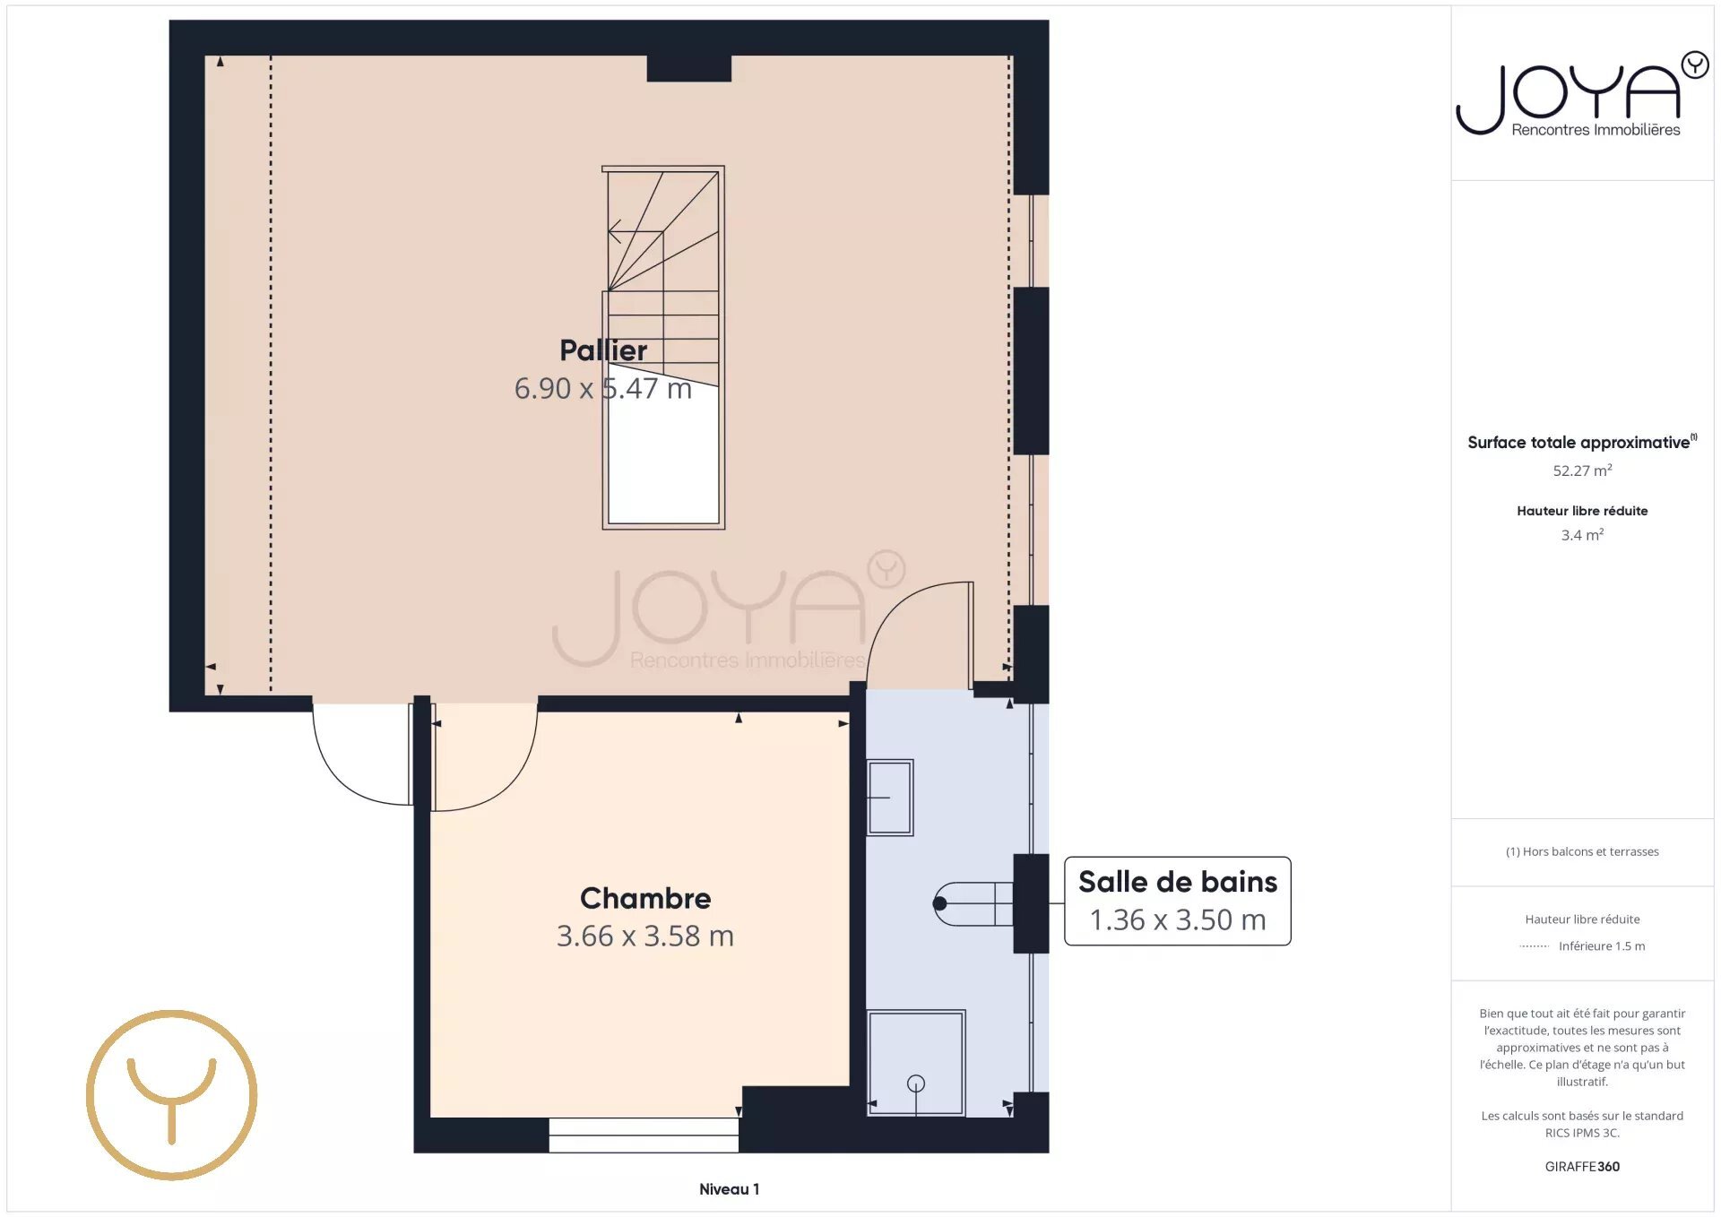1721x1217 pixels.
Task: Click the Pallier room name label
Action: tap(603, 350)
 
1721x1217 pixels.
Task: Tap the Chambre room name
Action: tap(645, 898)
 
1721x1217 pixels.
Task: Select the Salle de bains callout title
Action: tap(1178, 882)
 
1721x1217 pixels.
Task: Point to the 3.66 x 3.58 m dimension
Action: tap(645, 936)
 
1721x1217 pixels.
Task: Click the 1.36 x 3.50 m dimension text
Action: tap(1178, 919)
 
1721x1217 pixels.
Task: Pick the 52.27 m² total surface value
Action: tap(1582, 470)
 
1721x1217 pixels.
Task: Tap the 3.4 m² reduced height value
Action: tap(1582, 535)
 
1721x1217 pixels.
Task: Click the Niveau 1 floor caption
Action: tap(729, 1189)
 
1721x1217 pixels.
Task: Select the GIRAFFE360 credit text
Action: tap(1582, 1167)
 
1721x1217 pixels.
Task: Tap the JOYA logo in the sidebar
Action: tap(1582, 94)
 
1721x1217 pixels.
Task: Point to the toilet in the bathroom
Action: tap(973, 903)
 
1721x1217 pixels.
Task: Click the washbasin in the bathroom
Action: tap(890, 798)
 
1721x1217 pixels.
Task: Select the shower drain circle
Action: tap(915, 1083)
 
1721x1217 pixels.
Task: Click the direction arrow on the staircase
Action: tap(615, 231)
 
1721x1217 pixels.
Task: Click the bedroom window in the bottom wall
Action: tap(644, 1135)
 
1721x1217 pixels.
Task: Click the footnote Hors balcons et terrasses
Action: tap(1582, 851)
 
